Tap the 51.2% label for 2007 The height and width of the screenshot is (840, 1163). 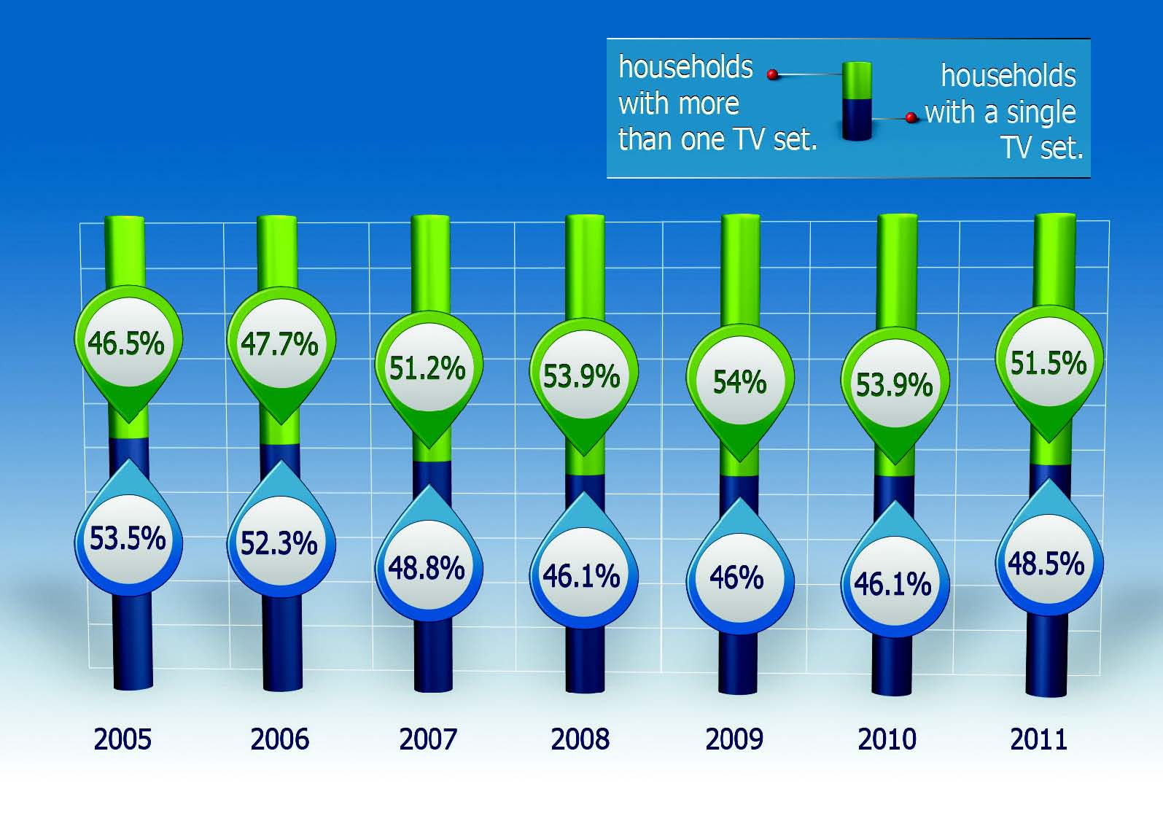point(429,369)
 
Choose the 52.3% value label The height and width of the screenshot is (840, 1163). point(279,543)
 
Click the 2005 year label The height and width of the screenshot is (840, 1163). point(122,739)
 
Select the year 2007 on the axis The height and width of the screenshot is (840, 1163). point(428,739)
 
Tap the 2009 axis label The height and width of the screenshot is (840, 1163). point(734,739)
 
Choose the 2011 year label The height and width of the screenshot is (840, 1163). point(1038,739)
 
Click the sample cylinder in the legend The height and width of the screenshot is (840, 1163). point(856,101)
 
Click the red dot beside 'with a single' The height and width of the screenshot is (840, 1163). point(910,117)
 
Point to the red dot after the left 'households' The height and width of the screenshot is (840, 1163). point(772,74)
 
